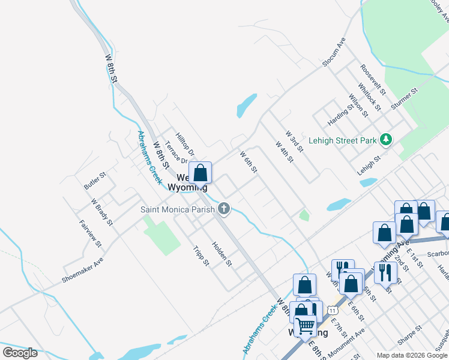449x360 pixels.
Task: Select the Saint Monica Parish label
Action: coord(178,209)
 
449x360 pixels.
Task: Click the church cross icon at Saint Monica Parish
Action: coord(223,209)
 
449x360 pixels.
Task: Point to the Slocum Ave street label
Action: coord(334,52)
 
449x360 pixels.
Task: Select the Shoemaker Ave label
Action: coord(82,271)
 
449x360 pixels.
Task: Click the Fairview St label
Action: coord(91,233)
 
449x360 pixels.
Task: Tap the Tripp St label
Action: coord(201,255)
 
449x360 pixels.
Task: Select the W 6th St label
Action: coord(249,162)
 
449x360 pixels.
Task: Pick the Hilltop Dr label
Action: coord(185,145)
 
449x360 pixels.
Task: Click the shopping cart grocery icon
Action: coord(306,326)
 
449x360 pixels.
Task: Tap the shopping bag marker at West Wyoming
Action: coord(201,173)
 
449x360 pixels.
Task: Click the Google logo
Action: coord(20,352)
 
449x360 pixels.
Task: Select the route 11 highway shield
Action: coord(331,311)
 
